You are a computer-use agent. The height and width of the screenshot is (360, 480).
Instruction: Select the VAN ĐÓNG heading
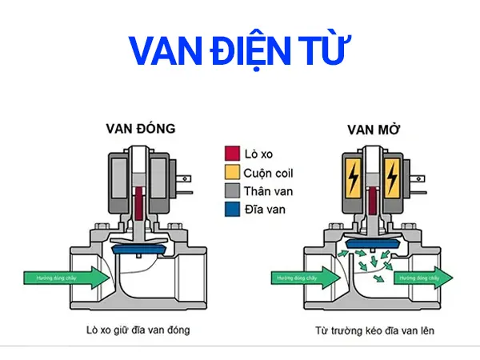pos(140,128)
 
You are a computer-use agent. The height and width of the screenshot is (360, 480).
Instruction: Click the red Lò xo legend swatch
pos(232,153)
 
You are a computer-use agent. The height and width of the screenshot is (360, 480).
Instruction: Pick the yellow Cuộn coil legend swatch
pos(232,172)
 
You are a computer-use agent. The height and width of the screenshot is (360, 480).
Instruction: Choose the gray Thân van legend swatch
pos(232,191)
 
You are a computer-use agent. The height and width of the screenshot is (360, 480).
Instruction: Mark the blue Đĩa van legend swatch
pos(232,210)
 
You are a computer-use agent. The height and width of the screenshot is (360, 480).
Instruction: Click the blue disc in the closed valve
pos(140,250)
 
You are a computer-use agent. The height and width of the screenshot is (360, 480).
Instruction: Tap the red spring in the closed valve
pos(140,204)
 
